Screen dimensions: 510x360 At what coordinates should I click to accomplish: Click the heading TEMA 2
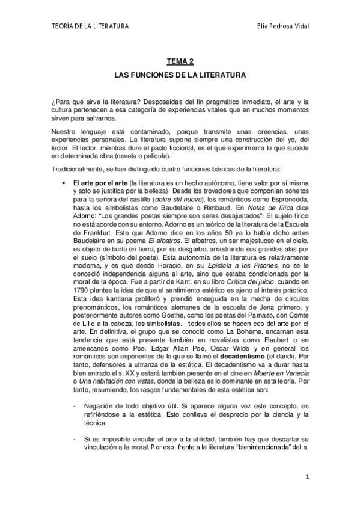180,61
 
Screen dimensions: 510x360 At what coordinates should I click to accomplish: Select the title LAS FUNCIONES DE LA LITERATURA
180,76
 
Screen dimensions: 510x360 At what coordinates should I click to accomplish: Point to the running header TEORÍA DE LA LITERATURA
91,26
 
